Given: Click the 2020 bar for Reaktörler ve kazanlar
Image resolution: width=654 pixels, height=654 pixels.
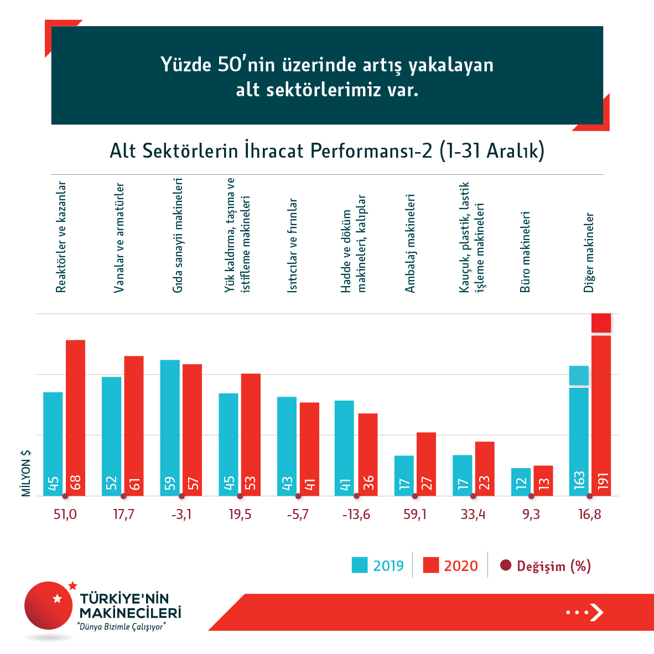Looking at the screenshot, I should point(76,418).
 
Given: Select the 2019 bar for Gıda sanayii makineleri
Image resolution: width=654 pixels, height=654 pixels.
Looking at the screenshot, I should point(170,428).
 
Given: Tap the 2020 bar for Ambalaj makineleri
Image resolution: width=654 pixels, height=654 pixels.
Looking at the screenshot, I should point(426,464).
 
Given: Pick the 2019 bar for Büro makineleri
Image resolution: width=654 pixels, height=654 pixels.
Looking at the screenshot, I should point(521,482).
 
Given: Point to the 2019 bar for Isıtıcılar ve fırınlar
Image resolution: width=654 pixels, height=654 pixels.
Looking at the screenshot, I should point(287,446).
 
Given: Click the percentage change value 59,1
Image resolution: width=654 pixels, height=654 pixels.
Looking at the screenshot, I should point(415,515).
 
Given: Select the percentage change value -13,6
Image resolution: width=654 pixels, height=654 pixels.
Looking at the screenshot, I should point(356,515).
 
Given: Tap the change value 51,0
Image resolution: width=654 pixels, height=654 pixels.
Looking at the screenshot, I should point(65,515).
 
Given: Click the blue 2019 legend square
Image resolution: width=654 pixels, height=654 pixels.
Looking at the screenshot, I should point(360,565).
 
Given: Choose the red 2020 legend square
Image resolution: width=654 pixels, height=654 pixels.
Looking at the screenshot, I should point(430,565).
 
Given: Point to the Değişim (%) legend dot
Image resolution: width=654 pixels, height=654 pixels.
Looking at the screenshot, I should point(505,565).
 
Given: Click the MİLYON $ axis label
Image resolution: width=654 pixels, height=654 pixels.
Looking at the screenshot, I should point(26,473).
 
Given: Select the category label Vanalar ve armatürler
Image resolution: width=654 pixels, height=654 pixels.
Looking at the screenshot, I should point(119,238).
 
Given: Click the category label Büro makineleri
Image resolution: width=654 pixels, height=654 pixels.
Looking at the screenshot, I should point(525,252).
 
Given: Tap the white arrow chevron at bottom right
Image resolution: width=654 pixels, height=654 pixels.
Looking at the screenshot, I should point(596,612).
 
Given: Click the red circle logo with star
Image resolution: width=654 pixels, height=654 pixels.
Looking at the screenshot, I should point(49,605).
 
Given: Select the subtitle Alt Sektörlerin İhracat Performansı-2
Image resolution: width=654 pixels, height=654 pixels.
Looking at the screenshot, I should point(326,151).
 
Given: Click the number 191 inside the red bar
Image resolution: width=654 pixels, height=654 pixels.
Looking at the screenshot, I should point(603,481).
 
